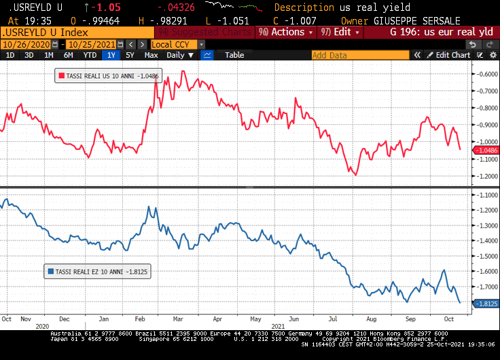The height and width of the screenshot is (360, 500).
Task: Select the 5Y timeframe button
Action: pos(130,55)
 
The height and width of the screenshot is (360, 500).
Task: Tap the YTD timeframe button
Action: pos(89,55)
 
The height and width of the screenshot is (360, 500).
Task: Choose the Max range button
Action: pos(151,55)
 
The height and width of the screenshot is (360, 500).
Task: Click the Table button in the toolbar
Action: pos(234,55)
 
